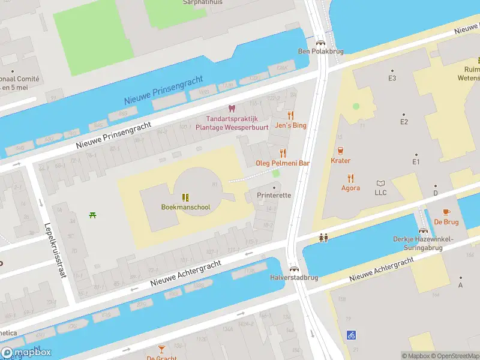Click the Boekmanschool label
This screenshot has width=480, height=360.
(185, 208)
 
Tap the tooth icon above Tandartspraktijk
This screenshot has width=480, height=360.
(232, 109)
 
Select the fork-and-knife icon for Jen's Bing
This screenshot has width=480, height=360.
(291, 115)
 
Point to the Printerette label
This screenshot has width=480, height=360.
(274, 196)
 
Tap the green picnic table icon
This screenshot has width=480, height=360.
(92, 215)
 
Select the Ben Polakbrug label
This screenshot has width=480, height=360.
(320, 52)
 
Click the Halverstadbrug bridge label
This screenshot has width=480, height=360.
(293, 278)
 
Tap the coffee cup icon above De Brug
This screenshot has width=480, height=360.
(446, 212)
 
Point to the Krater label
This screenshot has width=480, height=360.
(340, 161)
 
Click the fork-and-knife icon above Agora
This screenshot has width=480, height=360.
(351, 178)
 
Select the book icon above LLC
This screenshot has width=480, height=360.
(380, 183)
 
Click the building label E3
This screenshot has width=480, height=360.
(392, 79)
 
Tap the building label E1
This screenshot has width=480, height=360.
(416, 162)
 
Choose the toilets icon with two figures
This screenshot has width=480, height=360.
(324, 238)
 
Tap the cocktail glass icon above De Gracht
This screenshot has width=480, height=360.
(161, 349)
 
